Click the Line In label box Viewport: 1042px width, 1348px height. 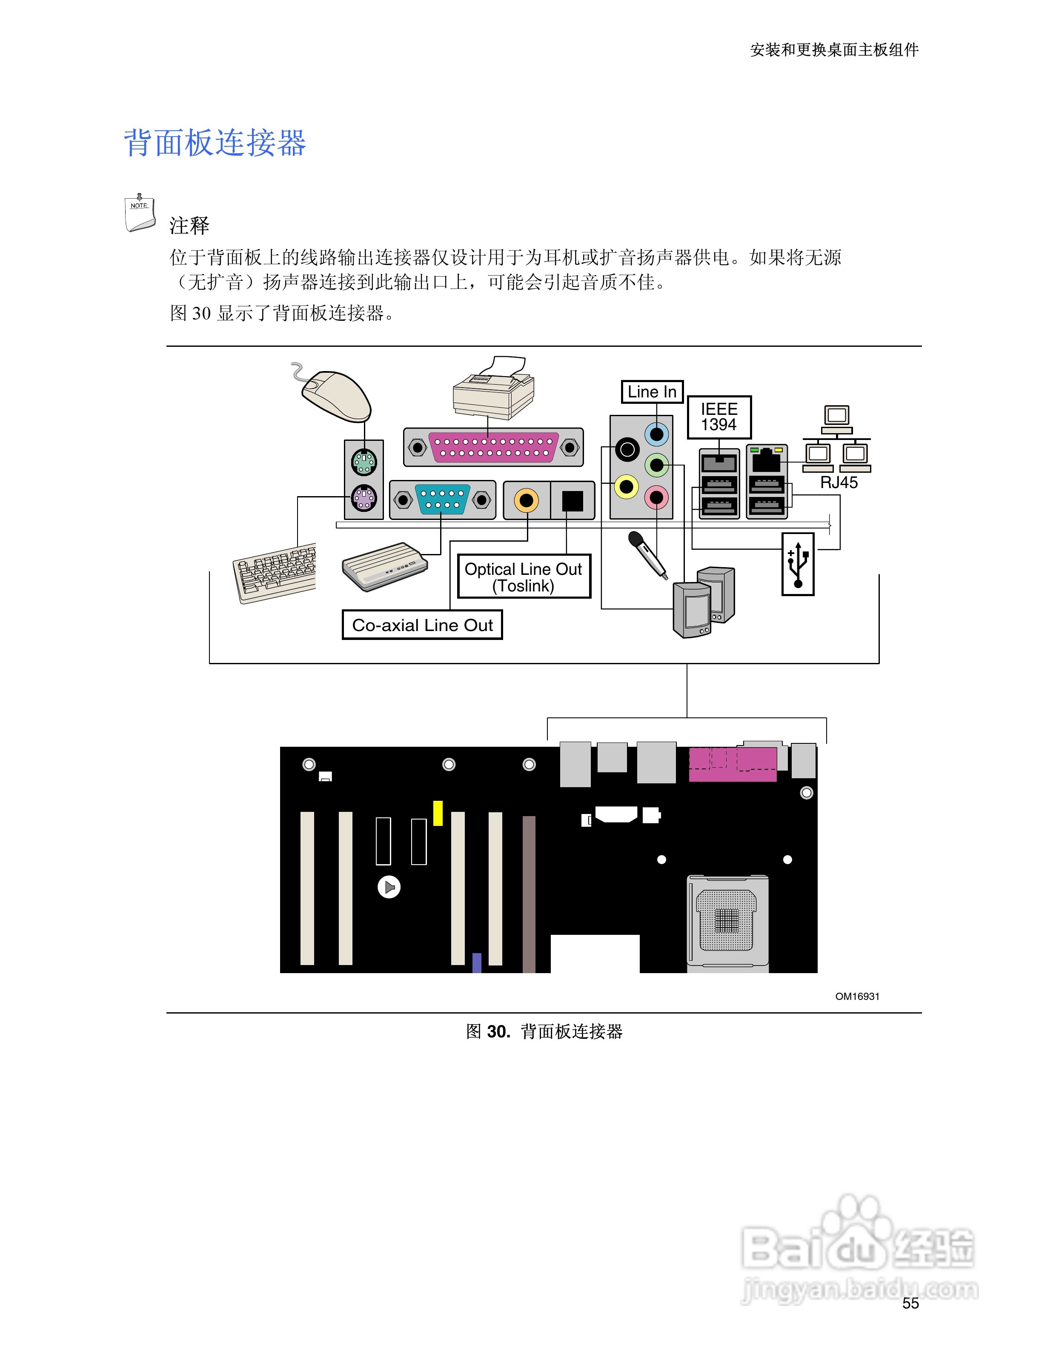[651, 392]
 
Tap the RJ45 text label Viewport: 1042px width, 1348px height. [838, 483]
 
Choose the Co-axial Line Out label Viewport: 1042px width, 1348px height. [422, 625]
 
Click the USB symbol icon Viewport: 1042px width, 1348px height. [798, 564]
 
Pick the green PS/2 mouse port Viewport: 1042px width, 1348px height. [364, 461]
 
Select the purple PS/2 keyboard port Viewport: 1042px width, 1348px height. [364, 497]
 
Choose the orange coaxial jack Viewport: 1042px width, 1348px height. [526, 500]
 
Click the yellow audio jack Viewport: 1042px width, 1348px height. [627, 487]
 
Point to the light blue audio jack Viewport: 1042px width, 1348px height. [657, 434]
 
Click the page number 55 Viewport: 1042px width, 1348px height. [910, 1303]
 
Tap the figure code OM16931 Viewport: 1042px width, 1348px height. [857, 996]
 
